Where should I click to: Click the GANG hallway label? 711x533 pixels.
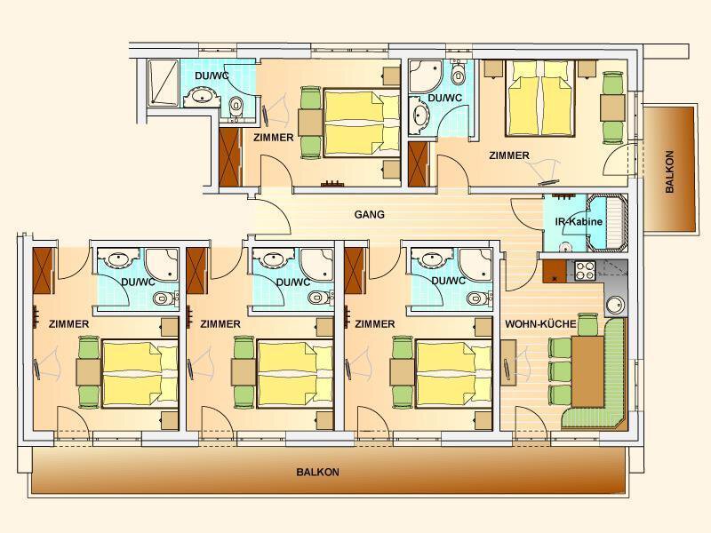pos(369,214)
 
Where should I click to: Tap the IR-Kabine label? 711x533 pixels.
pos(579,221)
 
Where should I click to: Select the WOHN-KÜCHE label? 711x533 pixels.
pos(540,324)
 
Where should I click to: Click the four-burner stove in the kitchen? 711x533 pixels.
pos(586,271)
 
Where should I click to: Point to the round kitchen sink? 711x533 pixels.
pos(616,305)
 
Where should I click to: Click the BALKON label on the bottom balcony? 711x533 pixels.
pos(317,472)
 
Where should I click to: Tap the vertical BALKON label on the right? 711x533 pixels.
pos(669,171)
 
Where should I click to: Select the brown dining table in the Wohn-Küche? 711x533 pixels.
pos(587,371)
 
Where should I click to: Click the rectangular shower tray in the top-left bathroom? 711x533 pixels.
pos(164,83)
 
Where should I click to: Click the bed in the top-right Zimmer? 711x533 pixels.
pos(540,99)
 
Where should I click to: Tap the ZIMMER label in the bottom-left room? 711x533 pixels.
pos(69,324)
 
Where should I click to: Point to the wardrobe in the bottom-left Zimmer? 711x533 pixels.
pos(44,271)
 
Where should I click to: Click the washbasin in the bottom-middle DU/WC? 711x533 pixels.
pos(272,259)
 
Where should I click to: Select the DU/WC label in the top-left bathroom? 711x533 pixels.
pos(212,76)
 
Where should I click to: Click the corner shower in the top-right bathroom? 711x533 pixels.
pos(426,76)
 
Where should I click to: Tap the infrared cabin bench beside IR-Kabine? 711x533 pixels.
pos(607,222)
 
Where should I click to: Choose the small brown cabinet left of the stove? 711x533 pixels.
pos(554,272)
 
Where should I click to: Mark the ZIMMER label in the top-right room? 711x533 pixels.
pos(509,155)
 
